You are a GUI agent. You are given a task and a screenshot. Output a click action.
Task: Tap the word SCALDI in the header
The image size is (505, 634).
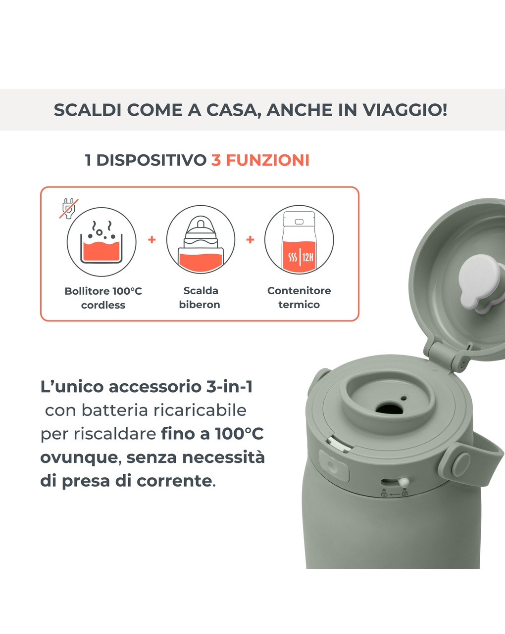(x=87, y=110)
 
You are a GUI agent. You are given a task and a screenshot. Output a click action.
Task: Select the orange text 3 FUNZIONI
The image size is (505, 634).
(x=260, y=160)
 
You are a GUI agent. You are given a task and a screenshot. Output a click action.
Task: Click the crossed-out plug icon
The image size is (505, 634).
(x=69, y=208)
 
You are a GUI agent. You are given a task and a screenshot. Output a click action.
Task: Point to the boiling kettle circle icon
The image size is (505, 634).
(x=101, y=242)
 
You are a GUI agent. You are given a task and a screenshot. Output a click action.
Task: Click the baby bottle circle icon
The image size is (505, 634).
(x=201, y=240)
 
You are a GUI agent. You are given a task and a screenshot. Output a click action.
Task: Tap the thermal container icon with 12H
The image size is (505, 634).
(x=299, y=240)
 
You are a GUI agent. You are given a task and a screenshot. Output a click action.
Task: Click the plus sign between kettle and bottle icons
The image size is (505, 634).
(x=152, y=239)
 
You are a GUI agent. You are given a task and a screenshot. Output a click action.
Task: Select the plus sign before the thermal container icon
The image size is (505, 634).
(x=251, y=239)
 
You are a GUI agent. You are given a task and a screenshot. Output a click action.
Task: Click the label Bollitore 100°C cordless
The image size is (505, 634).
(x=103, y=298)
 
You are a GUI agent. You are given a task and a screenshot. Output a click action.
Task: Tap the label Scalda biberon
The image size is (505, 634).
(x=200, y=297)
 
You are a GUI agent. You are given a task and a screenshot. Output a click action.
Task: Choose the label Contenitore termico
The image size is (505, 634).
(x=299, y=297)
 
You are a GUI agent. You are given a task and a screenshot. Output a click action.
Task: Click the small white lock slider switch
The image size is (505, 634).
(x=404, y=482)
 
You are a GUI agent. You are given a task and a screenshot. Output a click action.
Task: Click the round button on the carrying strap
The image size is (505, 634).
(x=462, y=463)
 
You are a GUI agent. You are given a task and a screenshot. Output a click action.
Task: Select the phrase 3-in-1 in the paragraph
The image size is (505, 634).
(x=229, y=386)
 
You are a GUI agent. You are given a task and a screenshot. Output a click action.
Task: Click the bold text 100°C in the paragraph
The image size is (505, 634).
(x=239, y=434)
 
